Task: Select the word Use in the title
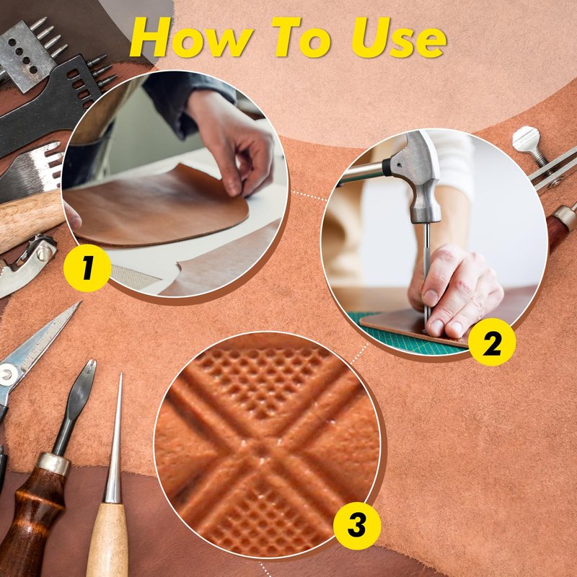tap(400, 37)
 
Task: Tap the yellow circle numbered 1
tap(87, 268)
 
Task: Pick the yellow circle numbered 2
tap(492, 342)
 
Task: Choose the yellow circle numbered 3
tap(356, 526)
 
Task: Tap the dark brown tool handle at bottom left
tap(35, 515)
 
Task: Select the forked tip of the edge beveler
tap(88, 370)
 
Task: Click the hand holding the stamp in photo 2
tap(457, 291)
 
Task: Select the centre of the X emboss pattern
tap(263, 448)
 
